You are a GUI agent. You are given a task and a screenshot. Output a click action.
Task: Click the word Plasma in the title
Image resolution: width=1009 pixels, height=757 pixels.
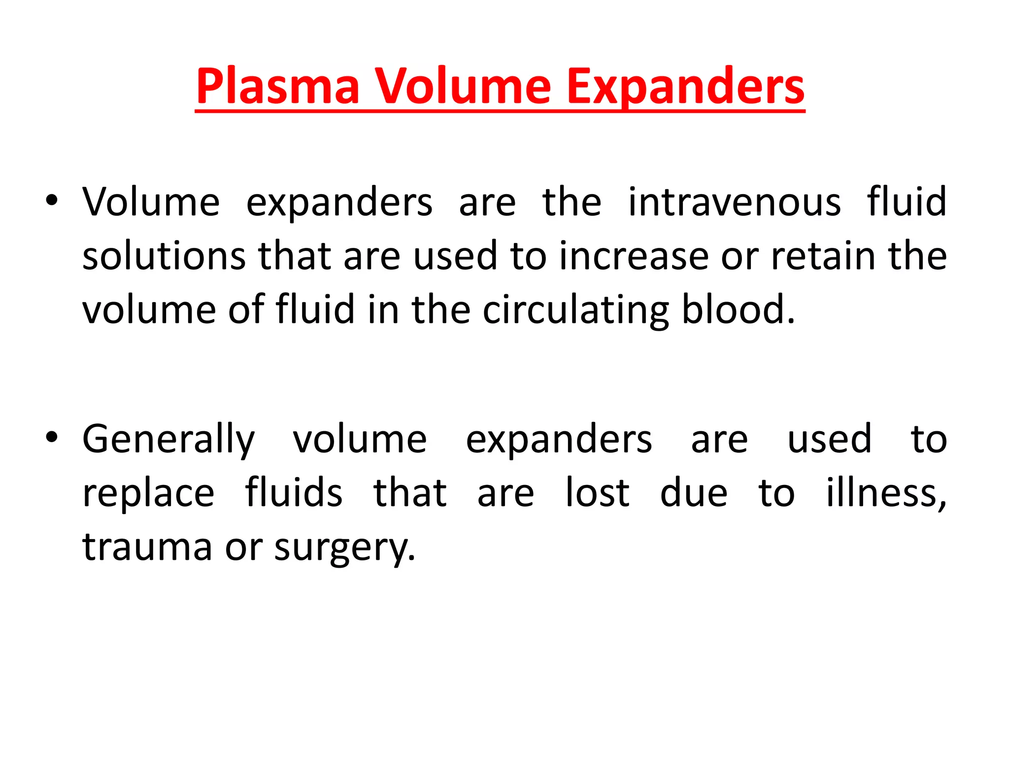(278, 87)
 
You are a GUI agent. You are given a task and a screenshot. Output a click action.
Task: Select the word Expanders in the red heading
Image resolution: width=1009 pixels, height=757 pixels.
(686, 87)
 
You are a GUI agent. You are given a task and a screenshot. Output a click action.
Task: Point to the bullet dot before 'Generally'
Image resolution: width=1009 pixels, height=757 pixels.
(52, 437)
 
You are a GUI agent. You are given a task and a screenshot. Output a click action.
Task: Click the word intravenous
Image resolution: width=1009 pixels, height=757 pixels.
(734, 202)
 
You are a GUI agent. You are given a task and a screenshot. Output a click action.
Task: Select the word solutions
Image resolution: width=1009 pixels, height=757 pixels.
(164, 256)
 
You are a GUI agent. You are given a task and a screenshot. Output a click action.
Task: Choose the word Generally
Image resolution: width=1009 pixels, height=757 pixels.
(168, 440)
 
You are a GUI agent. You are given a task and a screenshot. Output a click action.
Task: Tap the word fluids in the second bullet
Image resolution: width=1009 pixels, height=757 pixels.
(294, 492)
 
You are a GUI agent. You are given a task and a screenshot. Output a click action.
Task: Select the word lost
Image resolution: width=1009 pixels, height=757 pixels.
(597, 492)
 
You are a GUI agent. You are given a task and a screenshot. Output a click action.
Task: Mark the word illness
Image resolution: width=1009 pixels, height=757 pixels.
(885, 493)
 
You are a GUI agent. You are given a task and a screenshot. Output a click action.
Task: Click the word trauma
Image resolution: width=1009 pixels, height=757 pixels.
(147, 547)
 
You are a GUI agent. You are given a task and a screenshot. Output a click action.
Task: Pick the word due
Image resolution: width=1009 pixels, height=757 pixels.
(693, 492)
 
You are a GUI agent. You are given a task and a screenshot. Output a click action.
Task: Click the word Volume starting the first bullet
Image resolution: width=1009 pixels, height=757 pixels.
(151, 202)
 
